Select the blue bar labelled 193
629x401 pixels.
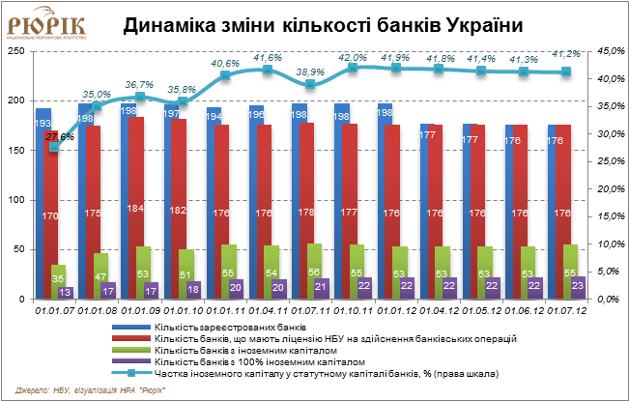[x=43, y=203]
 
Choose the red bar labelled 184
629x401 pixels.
[x=136, y=208]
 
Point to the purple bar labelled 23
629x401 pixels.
[x=578, y=288]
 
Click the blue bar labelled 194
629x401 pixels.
[x=213, y=203]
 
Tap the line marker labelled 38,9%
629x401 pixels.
[x=309, y=84]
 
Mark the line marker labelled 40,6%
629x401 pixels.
[x=225, y=74]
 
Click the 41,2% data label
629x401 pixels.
[x=565, y=54]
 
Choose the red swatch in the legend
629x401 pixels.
[x=131, y=339]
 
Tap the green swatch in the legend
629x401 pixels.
[x=131, y=350]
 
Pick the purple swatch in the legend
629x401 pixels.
[x=131, y=360]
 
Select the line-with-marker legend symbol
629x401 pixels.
[x=131, y=372]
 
